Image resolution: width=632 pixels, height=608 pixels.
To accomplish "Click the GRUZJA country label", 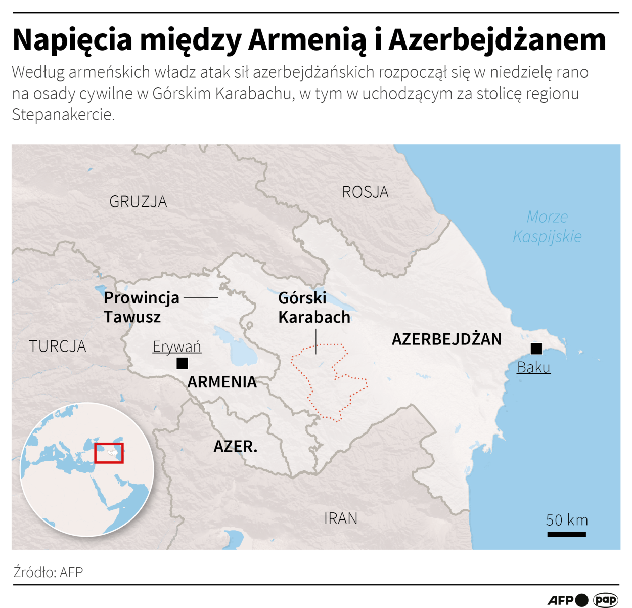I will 138,202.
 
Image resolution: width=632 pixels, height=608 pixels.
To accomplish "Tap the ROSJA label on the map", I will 365,192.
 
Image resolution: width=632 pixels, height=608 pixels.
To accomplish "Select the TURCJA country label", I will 57,346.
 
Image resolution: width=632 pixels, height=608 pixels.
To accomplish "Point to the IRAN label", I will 340,518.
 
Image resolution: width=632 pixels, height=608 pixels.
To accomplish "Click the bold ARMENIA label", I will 222,382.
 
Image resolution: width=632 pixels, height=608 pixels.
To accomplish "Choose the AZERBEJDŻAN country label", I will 446,339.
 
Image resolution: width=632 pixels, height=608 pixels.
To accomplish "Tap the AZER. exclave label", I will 235,446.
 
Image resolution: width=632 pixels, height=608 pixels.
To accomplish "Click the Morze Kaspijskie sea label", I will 547,227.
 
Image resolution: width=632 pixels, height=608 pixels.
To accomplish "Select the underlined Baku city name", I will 533,367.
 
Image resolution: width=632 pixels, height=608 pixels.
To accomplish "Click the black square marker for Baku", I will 536,348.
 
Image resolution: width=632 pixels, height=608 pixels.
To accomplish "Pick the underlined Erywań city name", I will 177,346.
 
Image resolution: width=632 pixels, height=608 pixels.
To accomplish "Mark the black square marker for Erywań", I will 182,363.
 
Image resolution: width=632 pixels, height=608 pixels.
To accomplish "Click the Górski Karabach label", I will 314,307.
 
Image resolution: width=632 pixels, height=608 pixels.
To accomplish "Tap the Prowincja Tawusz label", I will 141,307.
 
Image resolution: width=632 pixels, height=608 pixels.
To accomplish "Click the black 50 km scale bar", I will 566,534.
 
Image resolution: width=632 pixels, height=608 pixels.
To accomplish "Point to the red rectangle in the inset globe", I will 109,453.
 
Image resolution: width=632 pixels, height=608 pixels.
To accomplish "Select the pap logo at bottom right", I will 605,600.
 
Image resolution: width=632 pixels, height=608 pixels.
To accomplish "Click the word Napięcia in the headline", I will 72,40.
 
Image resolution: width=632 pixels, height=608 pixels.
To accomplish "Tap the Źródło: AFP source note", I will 48,572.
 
